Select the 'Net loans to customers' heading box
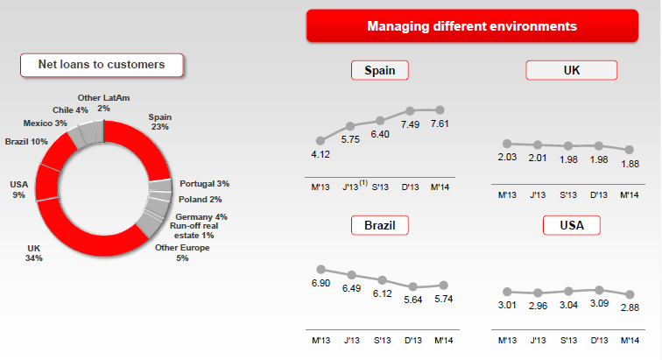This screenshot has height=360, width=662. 102,64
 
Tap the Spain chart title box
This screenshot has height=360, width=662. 380,71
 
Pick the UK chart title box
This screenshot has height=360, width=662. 571,71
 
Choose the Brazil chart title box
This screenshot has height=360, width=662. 380,226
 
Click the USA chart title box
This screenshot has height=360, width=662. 571,226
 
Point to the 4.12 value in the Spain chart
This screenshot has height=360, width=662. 321,155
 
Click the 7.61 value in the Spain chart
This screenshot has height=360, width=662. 440,124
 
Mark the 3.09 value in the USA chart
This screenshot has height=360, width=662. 600,304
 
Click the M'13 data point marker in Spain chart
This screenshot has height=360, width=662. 321,140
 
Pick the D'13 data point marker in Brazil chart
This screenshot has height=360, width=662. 411,286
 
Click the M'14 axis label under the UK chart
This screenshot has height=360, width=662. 630,194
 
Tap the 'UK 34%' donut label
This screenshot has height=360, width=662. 35,253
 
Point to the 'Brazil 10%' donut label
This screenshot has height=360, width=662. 26,142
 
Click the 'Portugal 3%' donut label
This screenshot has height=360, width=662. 204,184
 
